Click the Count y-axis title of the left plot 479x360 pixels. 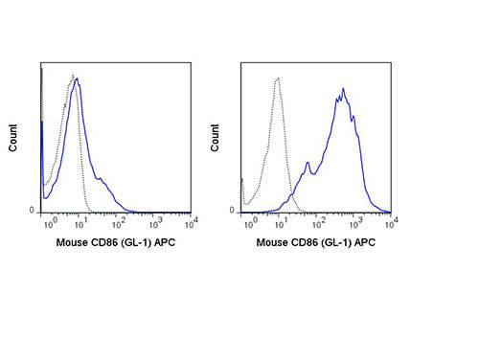(x=13, y=141)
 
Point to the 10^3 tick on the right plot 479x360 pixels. (x=353, y=222)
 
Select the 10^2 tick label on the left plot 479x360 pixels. (x=117, y=222)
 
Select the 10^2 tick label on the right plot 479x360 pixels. (x=317, y=222)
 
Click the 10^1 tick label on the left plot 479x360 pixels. (x=81, y=222)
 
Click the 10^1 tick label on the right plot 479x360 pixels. (x=282, y=222)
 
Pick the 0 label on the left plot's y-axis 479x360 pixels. (x=33, y=210)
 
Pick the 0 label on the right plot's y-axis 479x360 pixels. (x=233, y=210)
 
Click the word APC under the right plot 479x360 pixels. (x=364, y=242)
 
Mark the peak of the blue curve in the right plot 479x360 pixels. (x=342, y=90)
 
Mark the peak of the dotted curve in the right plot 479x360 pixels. (x=277, y=78)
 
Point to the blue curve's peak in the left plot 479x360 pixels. (x=76, y=79)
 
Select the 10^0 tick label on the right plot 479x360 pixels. (x=246, y=222)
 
